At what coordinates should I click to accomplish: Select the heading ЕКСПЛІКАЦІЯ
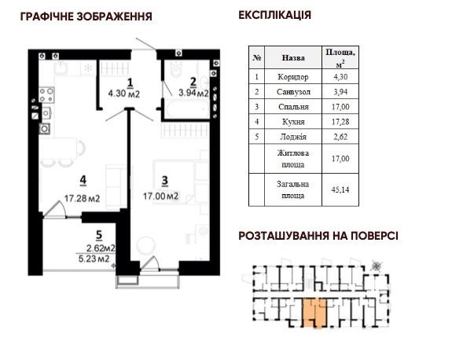pos(274,15)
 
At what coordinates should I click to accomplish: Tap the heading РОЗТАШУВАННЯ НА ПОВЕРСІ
pos(318,235)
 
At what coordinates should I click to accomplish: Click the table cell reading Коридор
pos(293,77)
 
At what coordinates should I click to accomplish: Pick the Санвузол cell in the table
pos(293,91)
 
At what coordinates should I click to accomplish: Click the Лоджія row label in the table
pos(293,135)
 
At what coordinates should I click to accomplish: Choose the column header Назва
pos(293,57)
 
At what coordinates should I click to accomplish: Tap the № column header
pos(257,57)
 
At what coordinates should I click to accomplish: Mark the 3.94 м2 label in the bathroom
pos(193,93)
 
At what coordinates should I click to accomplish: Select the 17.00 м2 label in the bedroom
pos(160,196)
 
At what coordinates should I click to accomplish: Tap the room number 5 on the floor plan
pos(97,233)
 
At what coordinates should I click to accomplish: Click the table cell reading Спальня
pos(293,106)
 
